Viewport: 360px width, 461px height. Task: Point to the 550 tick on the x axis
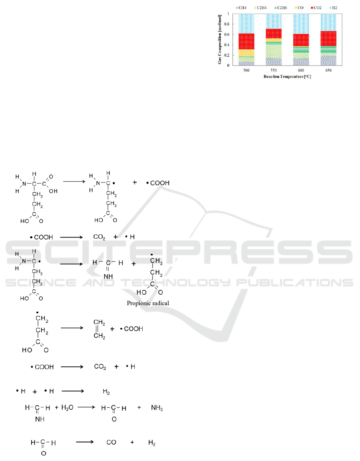[274, 70]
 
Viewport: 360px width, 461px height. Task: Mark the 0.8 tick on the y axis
[227, 24]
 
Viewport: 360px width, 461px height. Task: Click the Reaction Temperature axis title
[287, 77]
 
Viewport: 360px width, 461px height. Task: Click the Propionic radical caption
[148, 303]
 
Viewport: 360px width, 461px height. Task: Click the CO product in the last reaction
[111, 443]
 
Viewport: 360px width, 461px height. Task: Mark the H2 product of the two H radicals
[106, 392]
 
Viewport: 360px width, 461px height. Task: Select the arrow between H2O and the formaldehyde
[88, 408]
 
